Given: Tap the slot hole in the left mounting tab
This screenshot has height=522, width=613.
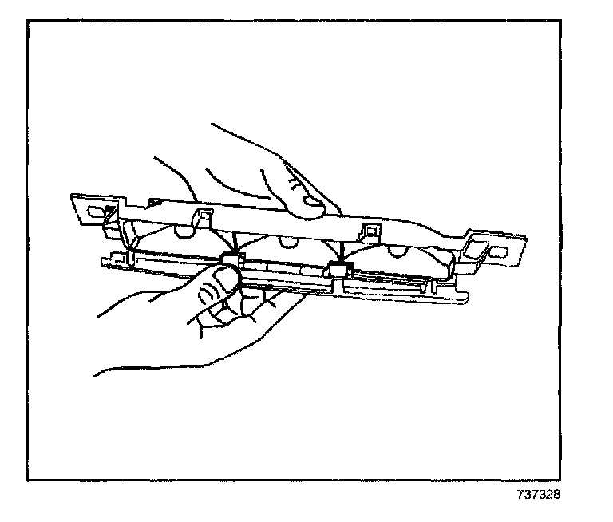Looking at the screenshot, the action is click(97, 212).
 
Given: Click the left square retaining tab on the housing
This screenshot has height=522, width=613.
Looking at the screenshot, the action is click(202, 216).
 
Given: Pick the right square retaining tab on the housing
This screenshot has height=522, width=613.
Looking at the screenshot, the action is click(370, 232).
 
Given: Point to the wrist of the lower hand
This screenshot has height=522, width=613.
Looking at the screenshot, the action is click(112, 351).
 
